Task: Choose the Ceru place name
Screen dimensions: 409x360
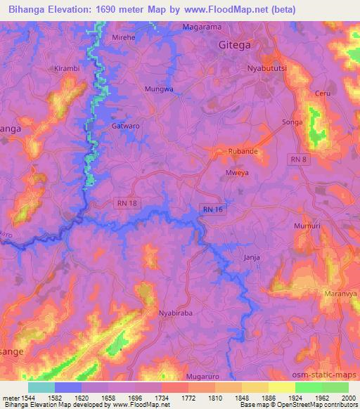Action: coord(323,93)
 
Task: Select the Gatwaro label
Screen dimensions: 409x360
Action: coord(124,126)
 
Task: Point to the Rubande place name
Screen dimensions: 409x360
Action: coord(242,151)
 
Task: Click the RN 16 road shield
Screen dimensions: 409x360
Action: coord(212,209)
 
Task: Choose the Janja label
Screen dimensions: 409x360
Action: coord(251,257)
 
